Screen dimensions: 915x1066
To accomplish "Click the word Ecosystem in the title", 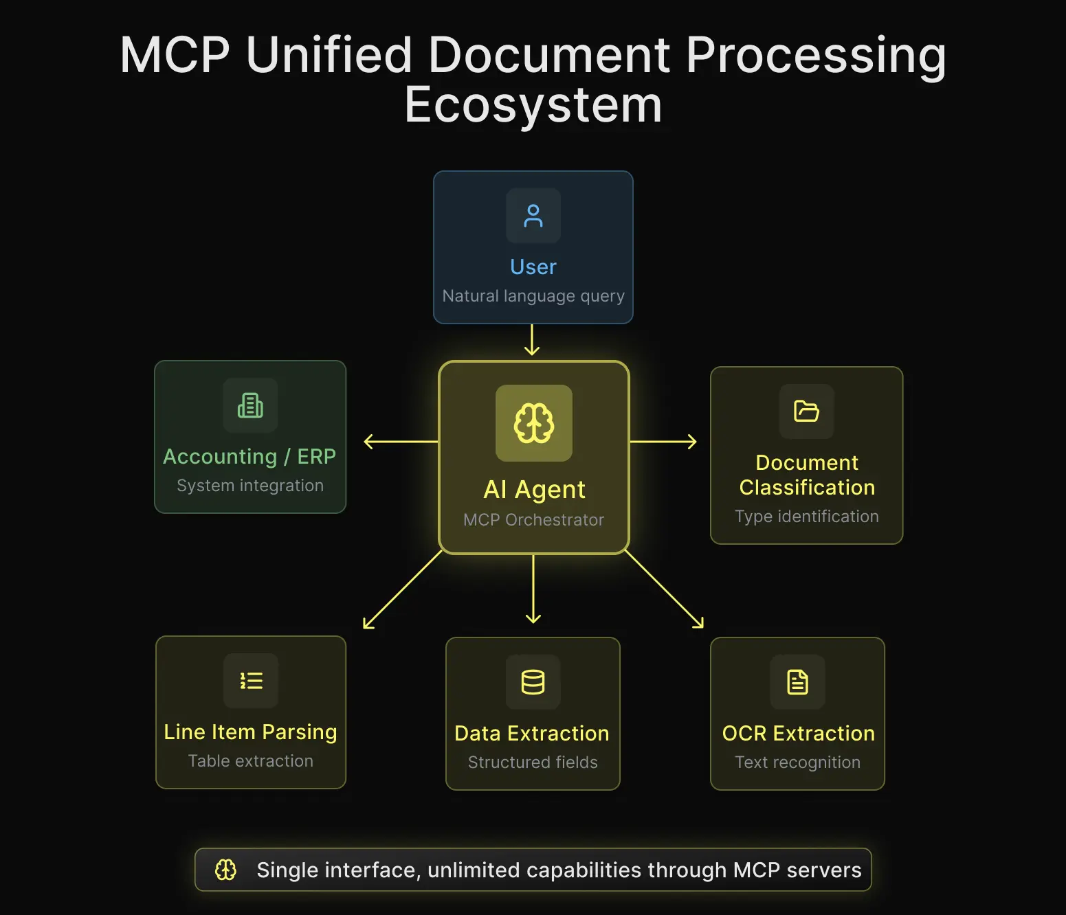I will (533, 106).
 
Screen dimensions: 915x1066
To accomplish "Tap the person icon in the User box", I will (533, 216).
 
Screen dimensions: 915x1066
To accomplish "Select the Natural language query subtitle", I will (533, 296).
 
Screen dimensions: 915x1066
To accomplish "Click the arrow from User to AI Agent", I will (532, 340).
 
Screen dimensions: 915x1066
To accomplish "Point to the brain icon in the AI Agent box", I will (534, 423).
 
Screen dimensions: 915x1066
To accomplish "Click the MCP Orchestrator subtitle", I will (533, 520).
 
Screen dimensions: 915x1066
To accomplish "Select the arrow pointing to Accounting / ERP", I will (400, 442).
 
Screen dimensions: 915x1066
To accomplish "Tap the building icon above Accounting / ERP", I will (250, 405).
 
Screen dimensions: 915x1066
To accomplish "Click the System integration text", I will (250, 486).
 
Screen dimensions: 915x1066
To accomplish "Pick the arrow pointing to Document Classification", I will (663, 442).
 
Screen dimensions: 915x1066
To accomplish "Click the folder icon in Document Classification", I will (806, 411).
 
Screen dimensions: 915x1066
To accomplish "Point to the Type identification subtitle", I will (806, 517).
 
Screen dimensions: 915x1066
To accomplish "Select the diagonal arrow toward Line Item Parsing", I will (402, 590).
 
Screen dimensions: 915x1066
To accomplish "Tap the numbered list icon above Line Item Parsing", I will (251, 681).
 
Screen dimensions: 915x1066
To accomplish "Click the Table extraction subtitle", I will (251, 761).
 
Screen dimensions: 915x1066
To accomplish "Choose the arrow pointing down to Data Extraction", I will (533, 589).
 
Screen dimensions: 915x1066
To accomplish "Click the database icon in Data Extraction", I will (533, 682).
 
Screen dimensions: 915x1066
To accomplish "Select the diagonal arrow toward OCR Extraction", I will (665, 590).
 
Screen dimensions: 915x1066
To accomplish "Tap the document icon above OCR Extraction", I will (797, 682).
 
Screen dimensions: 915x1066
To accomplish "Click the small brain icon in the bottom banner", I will (225, 870).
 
